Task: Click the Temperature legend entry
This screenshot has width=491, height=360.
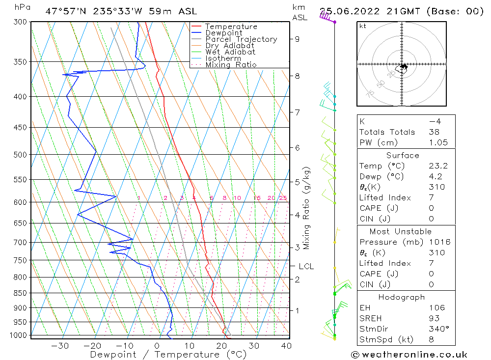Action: (231, 27)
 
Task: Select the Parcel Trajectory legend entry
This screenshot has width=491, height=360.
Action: (241, 39)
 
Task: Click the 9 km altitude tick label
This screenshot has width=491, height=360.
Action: (298, 39)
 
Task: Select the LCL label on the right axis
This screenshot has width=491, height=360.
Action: (306, 266)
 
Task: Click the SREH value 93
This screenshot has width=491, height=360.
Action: (434, 318)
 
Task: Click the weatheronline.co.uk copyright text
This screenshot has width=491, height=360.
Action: (409, 355)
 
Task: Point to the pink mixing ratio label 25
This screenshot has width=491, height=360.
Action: (283, 198)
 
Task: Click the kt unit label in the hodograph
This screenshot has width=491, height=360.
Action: (362, 26)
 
